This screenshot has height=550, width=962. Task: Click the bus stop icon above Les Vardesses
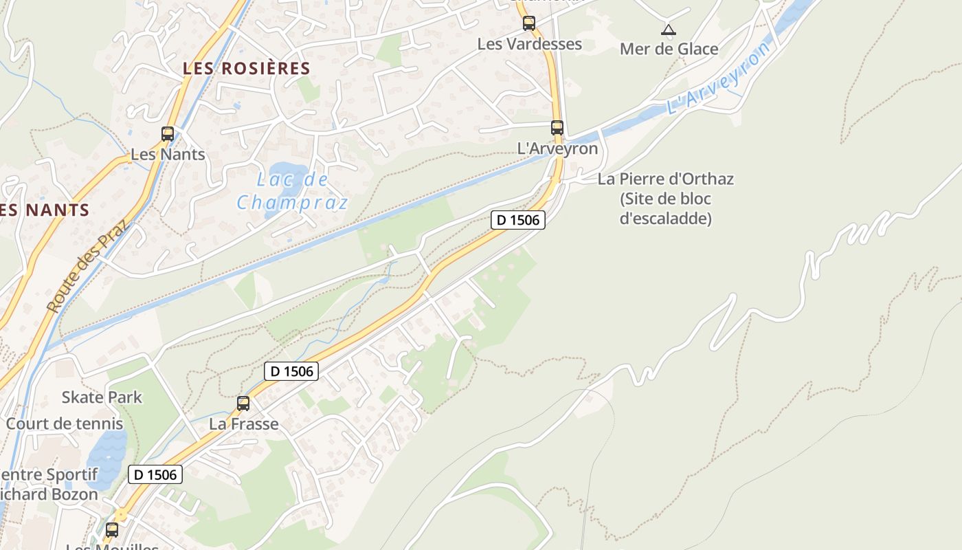point(528,23)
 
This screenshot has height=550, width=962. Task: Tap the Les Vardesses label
point(530,44)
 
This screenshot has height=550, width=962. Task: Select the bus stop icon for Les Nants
point(168,134)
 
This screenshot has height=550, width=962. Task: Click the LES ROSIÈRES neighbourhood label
point(247,68)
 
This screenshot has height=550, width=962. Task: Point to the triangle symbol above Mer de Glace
point(668,30)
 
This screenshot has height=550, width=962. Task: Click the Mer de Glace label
point(669,49)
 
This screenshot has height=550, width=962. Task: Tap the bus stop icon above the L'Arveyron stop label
point(557,128)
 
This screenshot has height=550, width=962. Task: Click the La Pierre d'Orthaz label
point(665,179)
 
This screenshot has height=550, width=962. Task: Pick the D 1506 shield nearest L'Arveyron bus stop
point(519,220)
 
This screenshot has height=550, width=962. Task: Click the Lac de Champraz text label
point(293,191)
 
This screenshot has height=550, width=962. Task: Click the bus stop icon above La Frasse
point(243,404)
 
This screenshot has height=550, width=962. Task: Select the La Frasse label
point(244,423)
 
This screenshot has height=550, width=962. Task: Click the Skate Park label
point(102,397)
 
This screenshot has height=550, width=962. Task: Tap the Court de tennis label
point(65,423)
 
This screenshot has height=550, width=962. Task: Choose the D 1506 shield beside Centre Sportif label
point(155,474)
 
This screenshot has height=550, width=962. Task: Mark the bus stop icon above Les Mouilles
point(112,530)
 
